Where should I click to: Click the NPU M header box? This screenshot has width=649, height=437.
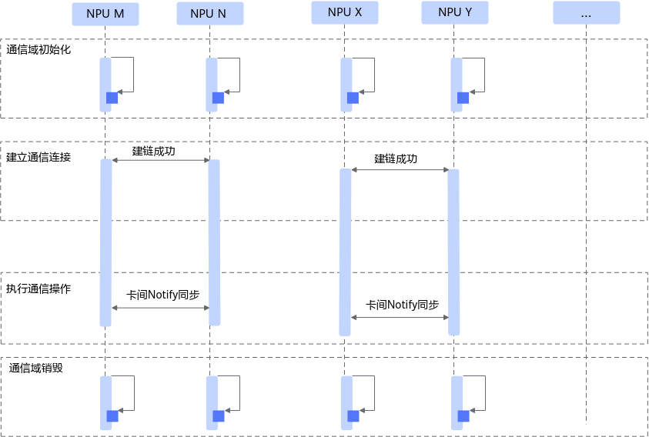click(x=105, y=14)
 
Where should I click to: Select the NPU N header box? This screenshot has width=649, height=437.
click(x=210, y=14)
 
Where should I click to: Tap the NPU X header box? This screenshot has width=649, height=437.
click(x=345, y=12)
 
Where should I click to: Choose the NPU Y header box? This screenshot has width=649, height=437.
click(x=455, y=12)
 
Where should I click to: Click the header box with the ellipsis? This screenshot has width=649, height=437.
click(x=587, y=13)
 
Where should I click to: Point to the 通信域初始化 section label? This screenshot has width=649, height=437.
click(x=38, y=50)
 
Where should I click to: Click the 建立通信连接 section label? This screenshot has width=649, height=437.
click(x=38, y=157)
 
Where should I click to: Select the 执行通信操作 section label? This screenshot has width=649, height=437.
click(x=38, y=289)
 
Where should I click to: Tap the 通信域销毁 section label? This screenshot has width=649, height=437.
click(x=36, y=368)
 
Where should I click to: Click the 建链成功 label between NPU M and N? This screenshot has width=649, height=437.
click(x=153, y=151)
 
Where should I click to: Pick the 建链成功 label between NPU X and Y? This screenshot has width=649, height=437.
click(x=396, y=159)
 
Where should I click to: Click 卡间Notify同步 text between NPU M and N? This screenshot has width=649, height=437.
click(x=162, y=295)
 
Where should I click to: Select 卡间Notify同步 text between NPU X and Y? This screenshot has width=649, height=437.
click(x=403, y=305)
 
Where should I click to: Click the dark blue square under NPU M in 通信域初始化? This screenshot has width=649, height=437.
click(x=112, y=98)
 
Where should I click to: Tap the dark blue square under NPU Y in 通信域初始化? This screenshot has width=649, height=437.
click(x=463, y=98)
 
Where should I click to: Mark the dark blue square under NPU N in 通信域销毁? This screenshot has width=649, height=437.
click(x=219, y=416)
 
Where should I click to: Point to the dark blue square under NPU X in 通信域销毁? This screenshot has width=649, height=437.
click(x=353, y=416)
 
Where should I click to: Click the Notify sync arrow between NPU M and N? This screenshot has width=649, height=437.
click(x=161, y=308)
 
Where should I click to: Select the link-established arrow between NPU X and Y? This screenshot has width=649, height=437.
click(x=400, y=170)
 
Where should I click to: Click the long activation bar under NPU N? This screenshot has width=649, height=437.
click(x=214, y=242)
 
